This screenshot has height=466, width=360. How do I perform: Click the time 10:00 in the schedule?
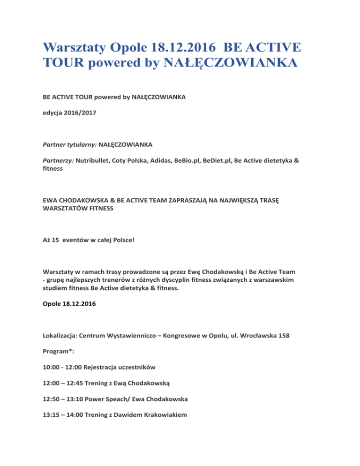point(51,382)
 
